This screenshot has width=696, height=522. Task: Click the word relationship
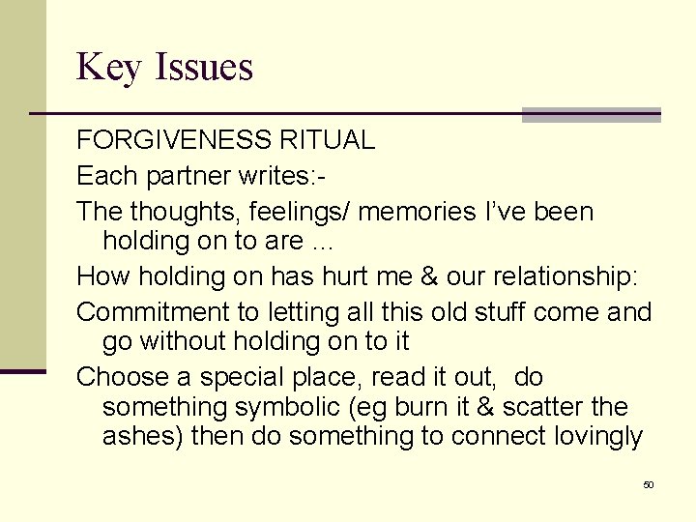point(549,277)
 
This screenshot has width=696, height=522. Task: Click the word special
point(237,377)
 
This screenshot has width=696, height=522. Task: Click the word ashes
point(142,437)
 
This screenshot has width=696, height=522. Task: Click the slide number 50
point(648,484)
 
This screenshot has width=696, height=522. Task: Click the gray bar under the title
point(591,115)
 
